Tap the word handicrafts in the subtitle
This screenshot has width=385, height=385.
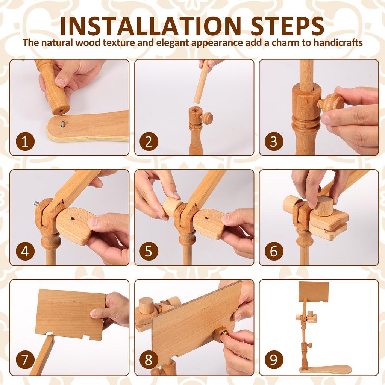tap(337, 42)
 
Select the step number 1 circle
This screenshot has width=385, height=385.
tap(25, 142)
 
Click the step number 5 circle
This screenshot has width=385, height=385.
tap(149, 252)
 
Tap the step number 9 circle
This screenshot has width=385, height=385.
tap(273, 360)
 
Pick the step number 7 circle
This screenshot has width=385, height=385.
tap(25, 360)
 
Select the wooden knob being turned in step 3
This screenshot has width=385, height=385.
tap(330, 102)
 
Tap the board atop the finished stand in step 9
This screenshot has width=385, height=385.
tap(313, 291)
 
